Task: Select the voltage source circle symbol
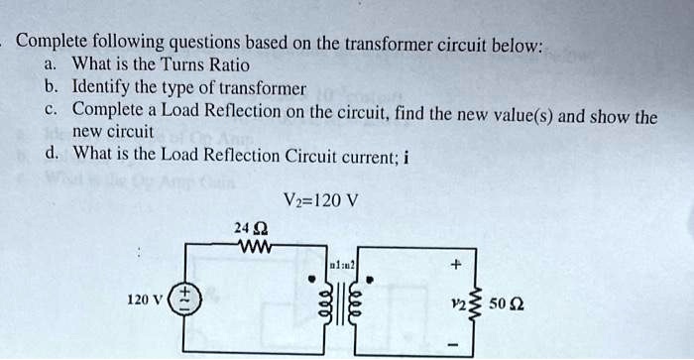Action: (x=183, y=300)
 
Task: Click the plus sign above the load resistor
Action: (x=456, y=266)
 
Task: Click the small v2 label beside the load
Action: (x=459, y=300)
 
